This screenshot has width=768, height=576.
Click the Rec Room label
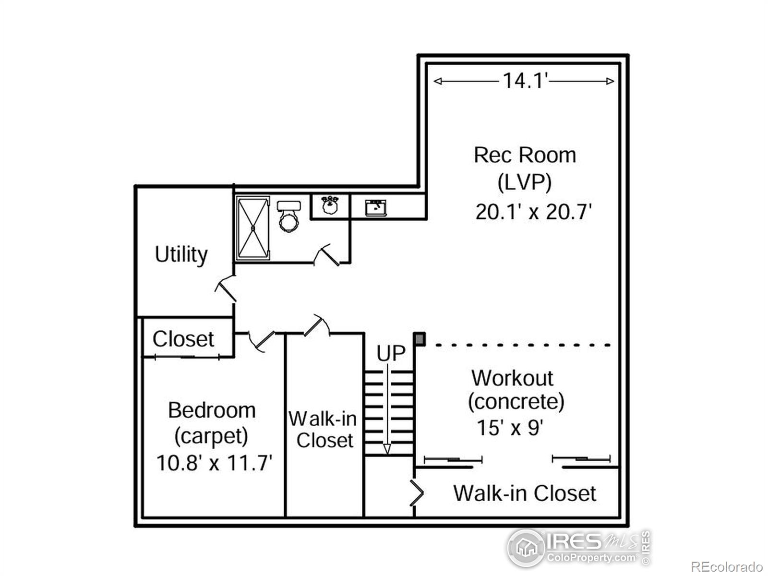(525, 155)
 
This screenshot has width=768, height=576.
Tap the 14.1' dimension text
(525, 81)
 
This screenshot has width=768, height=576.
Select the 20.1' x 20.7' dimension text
(533, 212)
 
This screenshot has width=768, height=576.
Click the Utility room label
(181, 254)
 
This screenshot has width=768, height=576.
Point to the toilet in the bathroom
(288, 216)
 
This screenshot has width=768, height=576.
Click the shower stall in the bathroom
(252, 228)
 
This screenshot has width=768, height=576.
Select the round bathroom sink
(330, 205)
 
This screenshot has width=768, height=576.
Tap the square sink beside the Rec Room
(376, 207)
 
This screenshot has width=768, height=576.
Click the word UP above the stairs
(391, 354)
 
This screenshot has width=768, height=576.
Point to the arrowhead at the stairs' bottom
(387, 449)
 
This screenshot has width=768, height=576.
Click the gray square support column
(420, 339)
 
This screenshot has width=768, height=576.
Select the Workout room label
(512, 378)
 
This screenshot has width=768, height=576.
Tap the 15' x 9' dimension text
(510, 428)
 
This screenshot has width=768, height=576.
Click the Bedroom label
(212, 410)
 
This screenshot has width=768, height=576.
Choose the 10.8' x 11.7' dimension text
(214, 463)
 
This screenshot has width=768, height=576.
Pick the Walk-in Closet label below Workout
(524, 493)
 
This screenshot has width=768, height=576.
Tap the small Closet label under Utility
(183, 339)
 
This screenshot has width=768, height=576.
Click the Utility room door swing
(225, 289)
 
